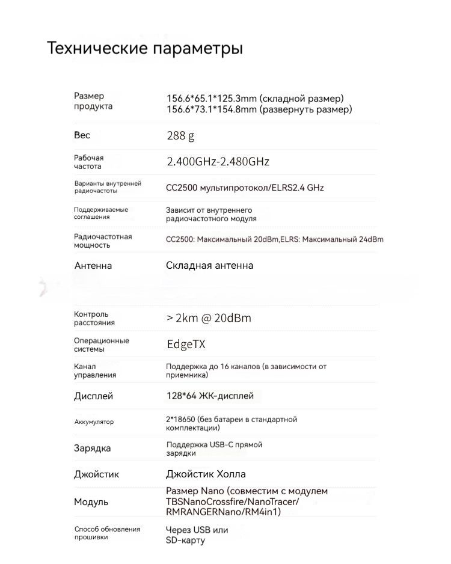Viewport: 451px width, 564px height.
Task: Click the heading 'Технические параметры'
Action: point(145,48)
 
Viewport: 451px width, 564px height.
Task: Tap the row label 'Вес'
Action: point(82,135)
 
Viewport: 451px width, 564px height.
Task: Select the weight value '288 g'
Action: point(180,136)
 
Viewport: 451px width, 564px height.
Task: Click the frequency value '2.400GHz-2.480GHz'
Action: point(218,162)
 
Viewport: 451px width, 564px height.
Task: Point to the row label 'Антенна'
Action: point(93,265)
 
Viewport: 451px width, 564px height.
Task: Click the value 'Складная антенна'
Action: point(209,265)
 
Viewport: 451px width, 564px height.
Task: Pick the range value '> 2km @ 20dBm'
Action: point(209,318)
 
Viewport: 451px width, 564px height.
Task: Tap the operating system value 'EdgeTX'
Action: point(186,345)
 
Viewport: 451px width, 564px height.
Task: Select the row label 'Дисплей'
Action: point(93,396)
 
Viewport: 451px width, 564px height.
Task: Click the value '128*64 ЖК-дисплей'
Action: point(209,396)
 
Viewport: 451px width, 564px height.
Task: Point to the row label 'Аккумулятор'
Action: point(94,422)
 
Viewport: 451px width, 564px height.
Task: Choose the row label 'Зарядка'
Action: point(92,448)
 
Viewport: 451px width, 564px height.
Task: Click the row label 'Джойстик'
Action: point(96,474)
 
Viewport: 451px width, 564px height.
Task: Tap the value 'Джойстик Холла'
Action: point(206,474)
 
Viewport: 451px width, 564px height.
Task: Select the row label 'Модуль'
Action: point(91,501)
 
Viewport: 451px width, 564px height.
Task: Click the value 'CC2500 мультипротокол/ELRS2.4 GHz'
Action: point(245,188)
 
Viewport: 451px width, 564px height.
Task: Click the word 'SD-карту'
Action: point(185,540)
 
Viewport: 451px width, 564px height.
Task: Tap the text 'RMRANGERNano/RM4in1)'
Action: point(223,512)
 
